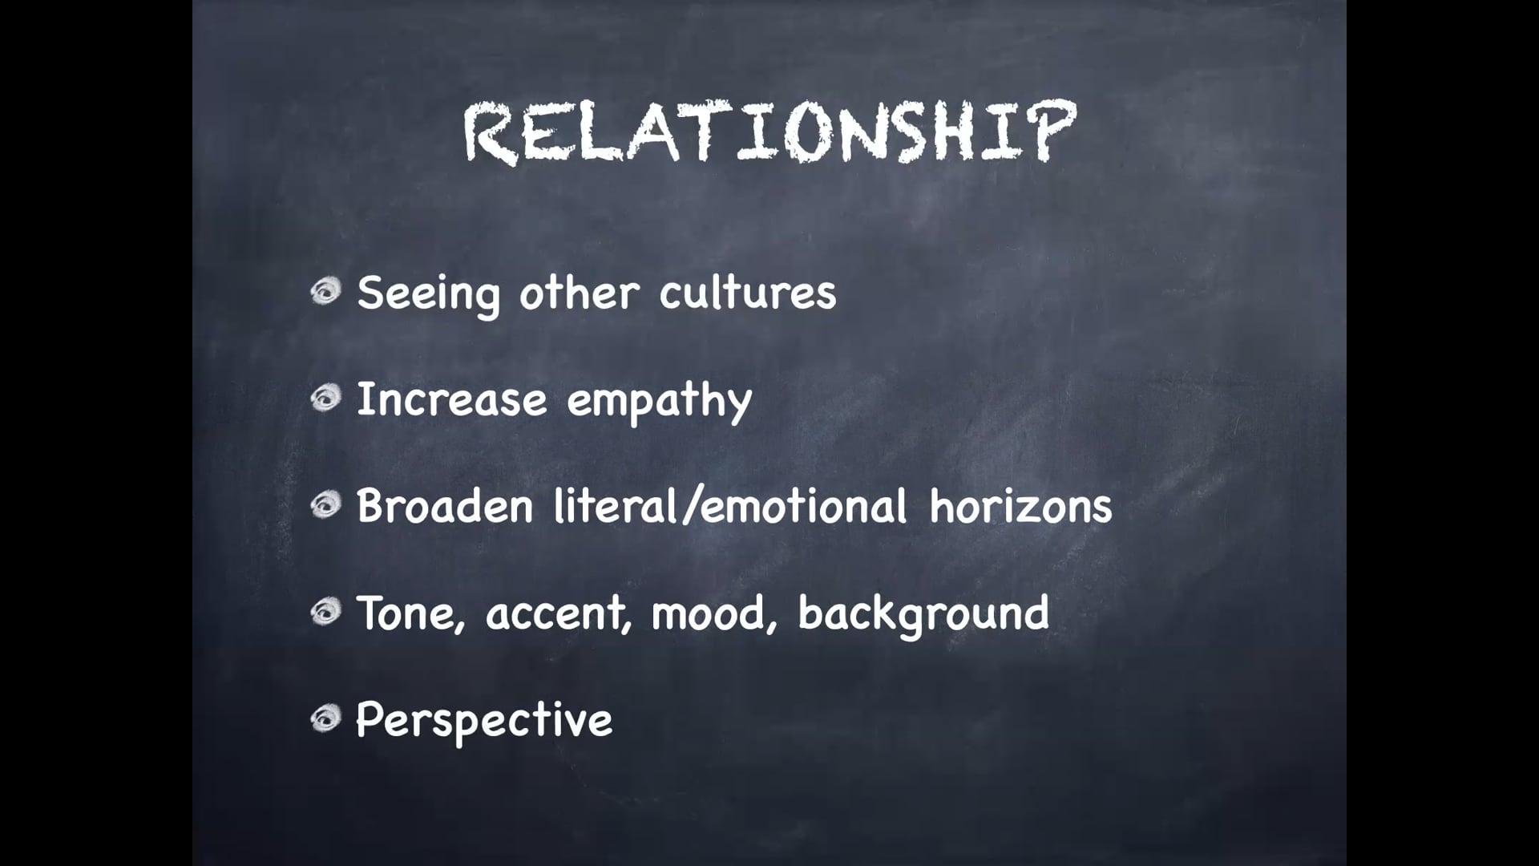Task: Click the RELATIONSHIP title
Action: pyautogui.click(x=769, y=132)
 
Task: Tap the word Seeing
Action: pyautogui.click(x=428, y=293)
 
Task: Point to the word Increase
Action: pyautogui.click(x=451, y=399)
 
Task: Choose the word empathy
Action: pyautogui.click(x=659, y=400)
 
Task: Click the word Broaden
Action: pyautogui.click(x=445, y=506)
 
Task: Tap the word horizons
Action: pyautogui.click(x=1020, y=506)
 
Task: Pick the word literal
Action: pyautogui.click(x=616, y=506)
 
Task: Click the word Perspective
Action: pyautogui.click(x=484, y=720)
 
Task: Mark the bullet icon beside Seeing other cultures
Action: pyautogui.click(x=326, y=291)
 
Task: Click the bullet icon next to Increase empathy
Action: pyautogui.click(x=326, y=398)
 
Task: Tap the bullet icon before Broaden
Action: pyautogui.click(x=326, y=505)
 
